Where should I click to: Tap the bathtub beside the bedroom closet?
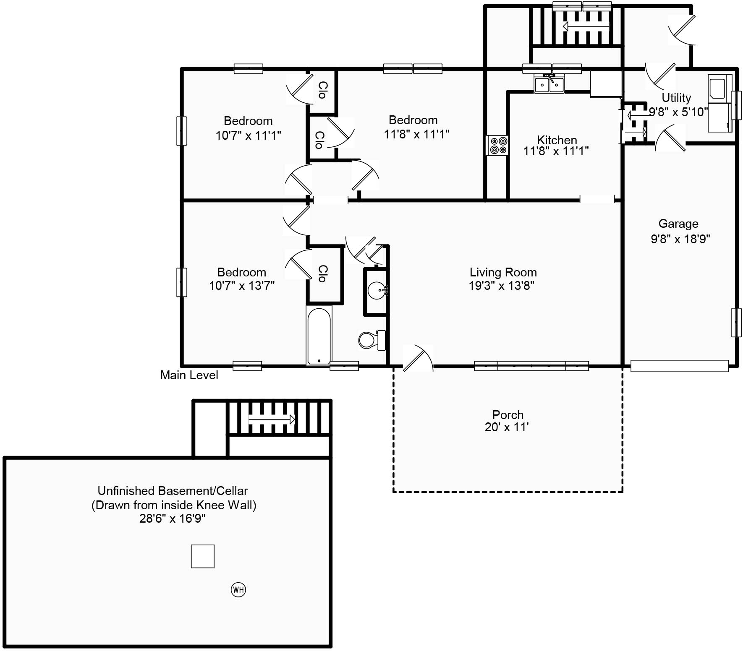click(319, 336)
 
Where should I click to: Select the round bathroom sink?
click(377, 290)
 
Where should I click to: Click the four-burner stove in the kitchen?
click(498, 146)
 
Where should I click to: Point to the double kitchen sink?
click(549, 84)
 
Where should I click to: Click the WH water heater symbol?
click(238, 590)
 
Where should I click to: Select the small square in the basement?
click(203, 556)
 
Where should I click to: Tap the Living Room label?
click(503, 272)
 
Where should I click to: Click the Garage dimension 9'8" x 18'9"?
click(680, 239)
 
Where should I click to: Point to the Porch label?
click(508, 414)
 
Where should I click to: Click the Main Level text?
click(189, 375)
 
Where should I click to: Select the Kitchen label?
click(557, 140)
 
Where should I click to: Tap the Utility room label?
click(676, 98)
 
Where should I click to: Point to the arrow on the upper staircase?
click(585, 26)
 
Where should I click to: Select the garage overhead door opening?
click(679, 366)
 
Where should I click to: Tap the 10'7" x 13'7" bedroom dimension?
click(242, 286)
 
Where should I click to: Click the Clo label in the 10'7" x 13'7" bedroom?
click(322, 273)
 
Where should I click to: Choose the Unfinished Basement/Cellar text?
click(173, 490)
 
